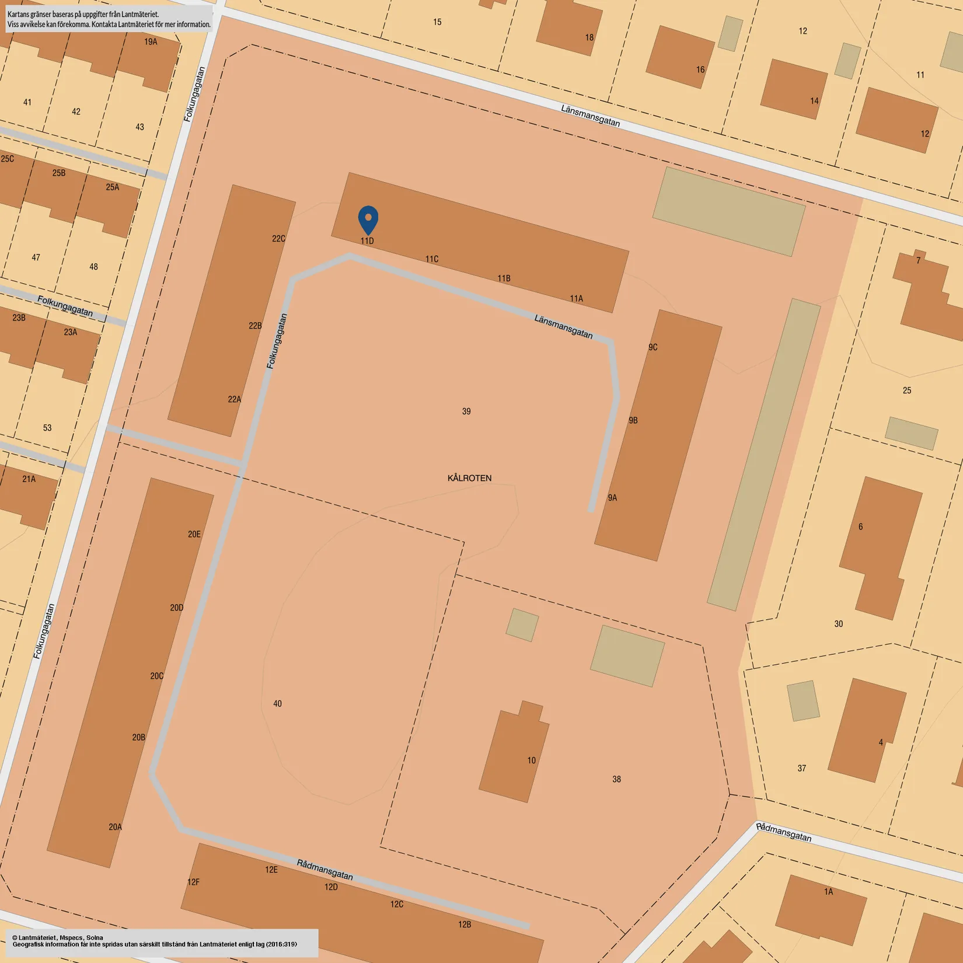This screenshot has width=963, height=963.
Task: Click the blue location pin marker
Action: [x=368, y=219]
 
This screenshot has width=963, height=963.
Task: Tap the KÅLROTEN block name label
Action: [x=469, y=478]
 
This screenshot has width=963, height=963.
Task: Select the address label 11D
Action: [x=367, y=241]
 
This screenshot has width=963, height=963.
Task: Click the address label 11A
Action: [x=576, y=299]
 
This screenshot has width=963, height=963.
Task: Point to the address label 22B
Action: [x=255, y=326]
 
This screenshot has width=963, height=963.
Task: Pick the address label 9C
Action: [x=653, y=347]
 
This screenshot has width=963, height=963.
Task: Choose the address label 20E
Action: [x=194, y=534]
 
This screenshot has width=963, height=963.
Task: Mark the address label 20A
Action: [x=115, y=826]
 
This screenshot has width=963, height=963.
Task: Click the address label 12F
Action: [x=193, y=882]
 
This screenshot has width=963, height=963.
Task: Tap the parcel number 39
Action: [x=466, y=411]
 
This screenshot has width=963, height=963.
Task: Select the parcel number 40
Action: [x=277, y=704]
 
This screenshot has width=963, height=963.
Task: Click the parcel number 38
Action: [x=616, y=779]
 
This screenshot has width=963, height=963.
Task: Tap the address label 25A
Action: [x=112, y=187]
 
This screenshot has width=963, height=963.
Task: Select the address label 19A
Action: [x=151, y=42]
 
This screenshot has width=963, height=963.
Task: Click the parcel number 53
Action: [x=47, y=428]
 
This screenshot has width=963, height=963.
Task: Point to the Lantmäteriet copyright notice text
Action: [x=155, y=941]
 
